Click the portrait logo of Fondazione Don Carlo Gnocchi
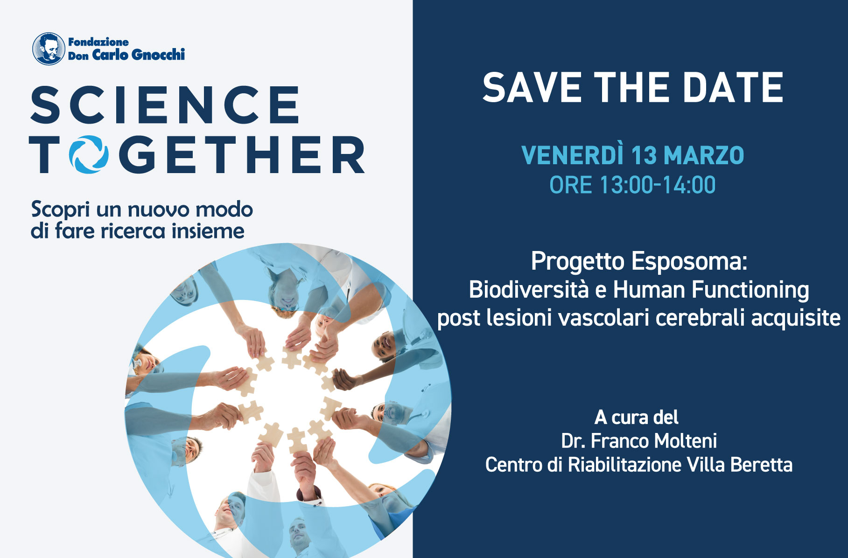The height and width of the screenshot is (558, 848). coord(48,49)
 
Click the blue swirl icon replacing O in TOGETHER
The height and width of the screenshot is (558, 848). coord(89,154)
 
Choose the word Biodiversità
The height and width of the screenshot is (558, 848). coord(529,290)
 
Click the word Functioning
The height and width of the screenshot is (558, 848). coord(750,290)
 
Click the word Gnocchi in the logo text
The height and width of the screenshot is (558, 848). coord(158,55)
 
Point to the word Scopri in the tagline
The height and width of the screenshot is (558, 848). coord(60,210)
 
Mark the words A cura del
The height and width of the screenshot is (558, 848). coord(636,417)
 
